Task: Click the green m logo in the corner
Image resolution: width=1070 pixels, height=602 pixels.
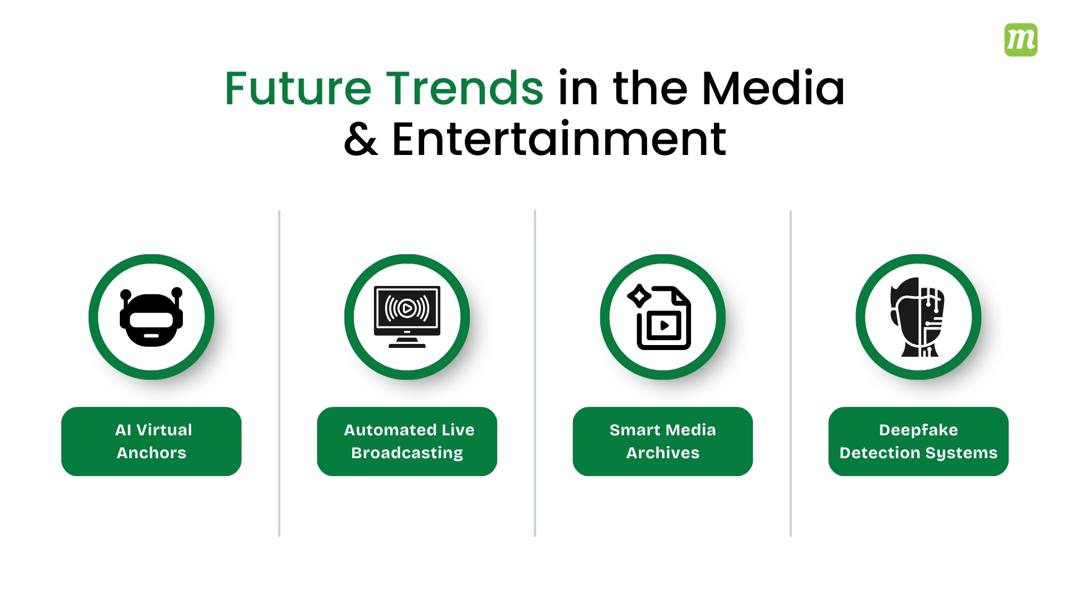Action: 1020,40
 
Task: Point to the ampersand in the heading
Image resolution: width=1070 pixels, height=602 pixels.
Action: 361,139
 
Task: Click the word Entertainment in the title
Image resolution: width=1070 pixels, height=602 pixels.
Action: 559,139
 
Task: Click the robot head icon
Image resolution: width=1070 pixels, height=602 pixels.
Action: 151,318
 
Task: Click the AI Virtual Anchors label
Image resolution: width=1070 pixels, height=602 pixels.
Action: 151,441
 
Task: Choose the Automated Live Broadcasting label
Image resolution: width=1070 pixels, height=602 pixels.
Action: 407,441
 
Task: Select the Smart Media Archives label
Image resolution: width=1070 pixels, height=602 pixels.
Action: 663,441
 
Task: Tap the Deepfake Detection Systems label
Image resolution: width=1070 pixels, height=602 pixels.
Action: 918,441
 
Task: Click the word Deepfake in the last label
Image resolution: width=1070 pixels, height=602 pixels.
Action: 918,430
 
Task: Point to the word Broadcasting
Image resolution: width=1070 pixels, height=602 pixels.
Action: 407,453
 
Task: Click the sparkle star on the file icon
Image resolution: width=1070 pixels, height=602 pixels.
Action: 639,296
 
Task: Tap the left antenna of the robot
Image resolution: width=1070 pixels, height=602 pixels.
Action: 126,296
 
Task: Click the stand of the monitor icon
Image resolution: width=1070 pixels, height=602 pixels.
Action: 407,342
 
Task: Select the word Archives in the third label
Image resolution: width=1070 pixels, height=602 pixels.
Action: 663,453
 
